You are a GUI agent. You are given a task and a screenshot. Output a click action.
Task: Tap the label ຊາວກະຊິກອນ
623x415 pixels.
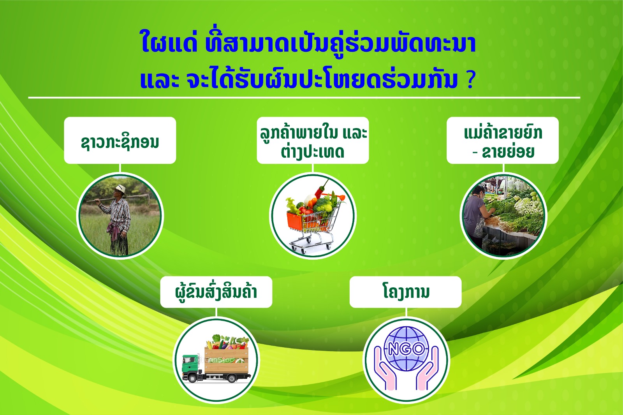point(120,142)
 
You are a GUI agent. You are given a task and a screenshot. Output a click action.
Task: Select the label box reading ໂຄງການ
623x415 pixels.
point(405,292)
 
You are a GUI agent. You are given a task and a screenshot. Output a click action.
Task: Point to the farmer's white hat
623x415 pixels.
point(119,190)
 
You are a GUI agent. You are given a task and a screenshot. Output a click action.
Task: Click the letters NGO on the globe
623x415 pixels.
point(406,349)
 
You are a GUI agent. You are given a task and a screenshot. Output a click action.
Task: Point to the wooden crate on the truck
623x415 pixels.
point(226,360)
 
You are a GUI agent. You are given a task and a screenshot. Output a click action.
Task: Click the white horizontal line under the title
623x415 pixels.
point(304,98)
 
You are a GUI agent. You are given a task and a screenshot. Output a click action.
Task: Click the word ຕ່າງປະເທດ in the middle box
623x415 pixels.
point(312,152)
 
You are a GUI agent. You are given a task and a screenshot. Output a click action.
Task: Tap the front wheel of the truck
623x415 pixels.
point(192,378)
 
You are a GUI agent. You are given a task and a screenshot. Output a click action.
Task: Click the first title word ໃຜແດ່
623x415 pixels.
point(169,44)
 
